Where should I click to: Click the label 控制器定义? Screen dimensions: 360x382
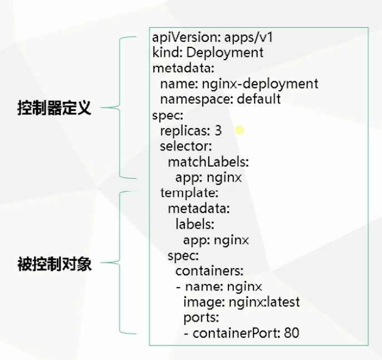[x=54, y=108]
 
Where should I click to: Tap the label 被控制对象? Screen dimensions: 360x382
[x=54, y=264]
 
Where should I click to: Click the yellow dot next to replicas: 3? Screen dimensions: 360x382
[x=239, y=130]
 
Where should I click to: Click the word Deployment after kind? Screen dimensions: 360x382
[x=224, y=53]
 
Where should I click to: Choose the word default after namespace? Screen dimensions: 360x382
[x=258, y=100]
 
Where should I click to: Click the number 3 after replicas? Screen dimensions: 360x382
[x=218, y=132]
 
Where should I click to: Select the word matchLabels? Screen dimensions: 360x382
[x=207, y=162]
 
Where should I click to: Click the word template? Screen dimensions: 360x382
[x=188, y=193]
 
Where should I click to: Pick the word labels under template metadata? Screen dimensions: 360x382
[x=194, y=225]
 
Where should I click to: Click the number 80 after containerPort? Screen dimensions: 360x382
[x=291, y=333]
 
